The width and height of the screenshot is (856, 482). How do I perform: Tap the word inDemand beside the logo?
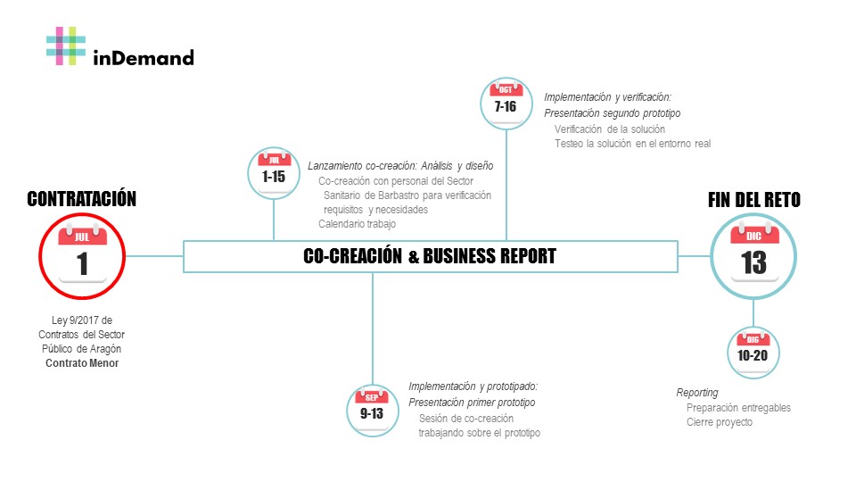click(143, 59)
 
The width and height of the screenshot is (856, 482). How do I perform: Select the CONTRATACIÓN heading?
click(82, 199)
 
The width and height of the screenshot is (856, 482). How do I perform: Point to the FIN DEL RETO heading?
click(753, 200)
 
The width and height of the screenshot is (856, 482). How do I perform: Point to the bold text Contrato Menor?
click(82, 363)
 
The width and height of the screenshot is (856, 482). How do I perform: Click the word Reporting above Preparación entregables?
click(697, 393)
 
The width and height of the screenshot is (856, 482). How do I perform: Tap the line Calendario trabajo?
click(358, 224)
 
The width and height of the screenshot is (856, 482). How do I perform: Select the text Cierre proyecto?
click(720, 422)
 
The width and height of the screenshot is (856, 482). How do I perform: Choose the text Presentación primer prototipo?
click(472, 403)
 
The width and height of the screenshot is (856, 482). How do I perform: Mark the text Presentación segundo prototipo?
click(613, 113)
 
